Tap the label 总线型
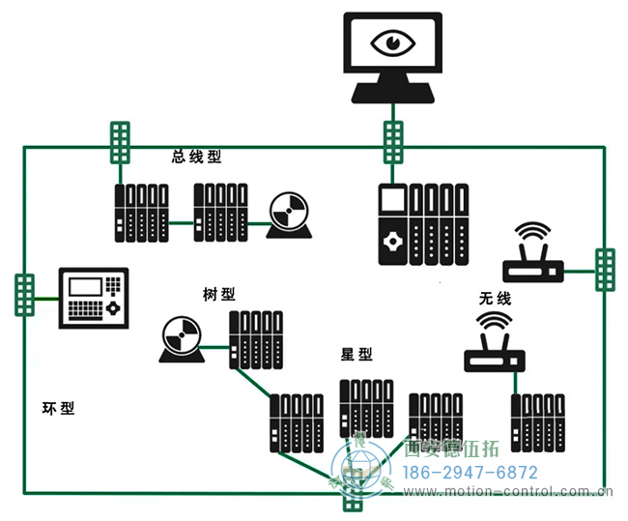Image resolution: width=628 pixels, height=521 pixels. coord(196,157)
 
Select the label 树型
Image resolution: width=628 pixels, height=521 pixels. coord(219,294)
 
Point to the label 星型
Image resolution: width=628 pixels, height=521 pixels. coord(357,355)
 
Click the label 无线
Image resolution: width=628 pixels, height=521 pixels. coord(495,299)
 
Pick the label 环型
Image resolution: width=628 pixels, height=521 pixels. coord(59,408)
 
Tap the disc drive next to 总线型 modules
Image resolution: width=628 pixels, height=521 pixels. coord(288,217)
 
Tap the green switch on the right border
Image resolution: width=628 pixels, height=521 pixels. coord(604,270)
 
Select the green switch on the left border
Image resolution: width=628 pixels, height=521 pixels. coord(24,294)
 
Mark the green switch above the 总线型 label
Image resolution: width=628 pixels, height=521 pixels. coord(119,145)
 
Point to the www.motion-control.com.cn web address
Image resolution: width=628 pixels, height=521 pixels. coord(508,492)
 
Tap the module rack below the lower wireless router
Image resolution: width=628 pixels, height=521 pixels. coord(537,422)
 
